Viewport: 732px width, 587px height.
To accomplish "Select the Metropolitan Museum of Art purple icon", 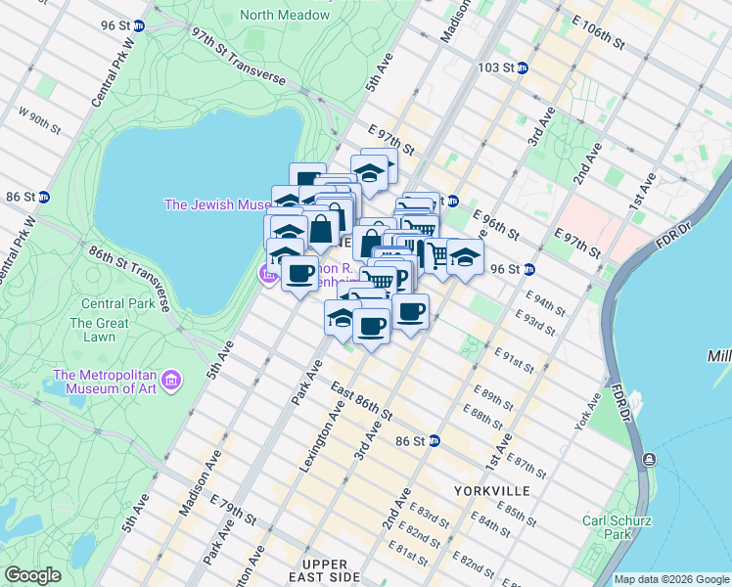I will click(171, 379).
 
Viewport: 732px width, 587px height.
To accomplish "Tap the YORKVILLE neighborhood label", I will click(491, 490).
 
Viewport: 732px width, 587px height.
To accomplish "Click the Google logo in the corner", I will click(32, 575).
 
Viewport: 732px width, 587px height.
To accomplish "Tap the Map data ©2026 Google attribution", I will click(671, 579).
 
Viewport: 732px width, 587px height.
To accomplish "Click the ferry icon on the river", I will click(648, 459).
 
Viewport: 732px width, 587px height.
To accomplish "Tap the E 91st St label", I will click(515, 359).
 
